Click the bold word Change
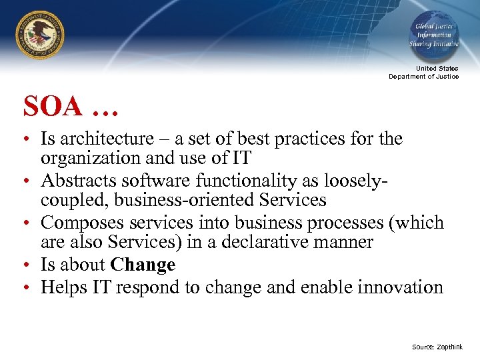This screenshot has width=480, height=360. pyautogui.click(x=143, y=265)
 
